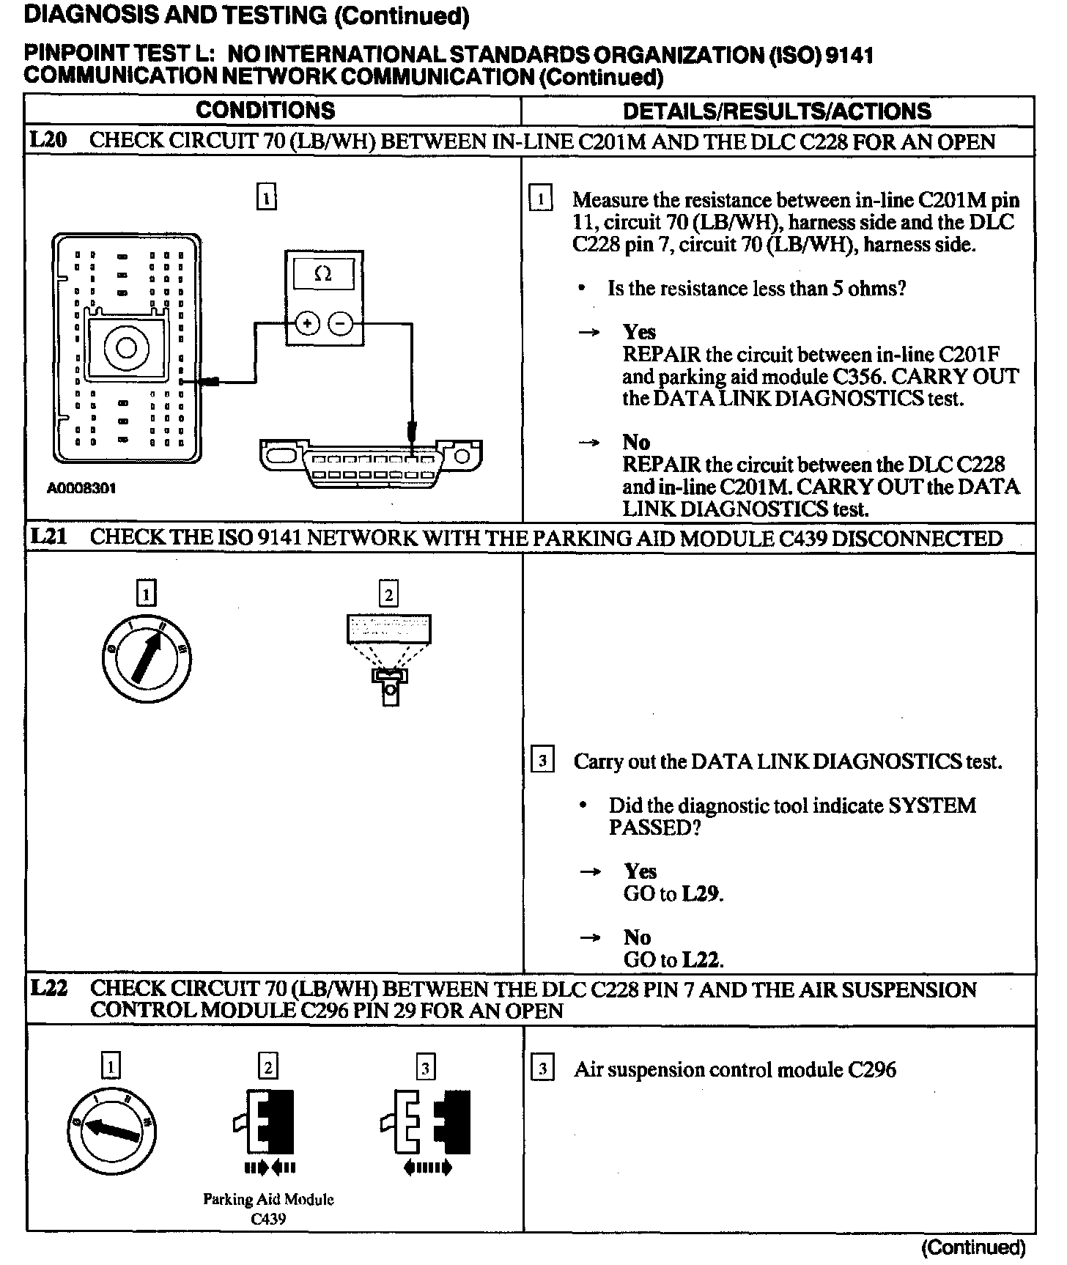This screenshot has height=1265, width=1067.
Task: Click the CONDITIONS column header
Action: click(x=265, y=111)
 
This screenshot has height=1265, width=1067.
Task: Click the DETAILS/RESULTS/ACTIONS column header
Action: click(x=777, y=111)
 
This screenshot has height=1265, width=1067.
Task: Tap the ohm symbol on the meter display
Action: click(x=322, y=274)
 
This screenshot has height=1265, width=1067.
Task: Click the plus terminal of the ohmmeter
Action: click(x=308, y=323)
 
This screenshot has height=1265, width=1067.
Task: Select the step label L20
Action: click(x=48, y=141)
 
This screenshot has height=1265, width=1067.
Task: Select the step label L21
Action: click(x=48, y=537)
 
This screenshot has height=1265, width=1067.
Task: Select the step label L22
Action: click(x=48, y=989)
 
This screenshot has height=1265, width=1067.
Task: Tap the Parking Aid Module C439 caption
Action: click(x=268, y=1209)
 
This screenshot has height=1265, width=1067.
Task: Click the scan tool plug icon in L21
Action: click(x=389, y=660)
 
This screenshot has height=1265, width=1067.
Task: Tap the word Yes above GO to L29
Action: click(x=640, y=871)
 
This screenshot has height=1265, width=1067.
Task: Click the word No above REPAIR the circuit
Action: click(x=636, y=442)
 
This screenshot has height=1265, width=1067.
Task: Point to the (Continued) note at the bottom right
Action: click(x=973, y=1247)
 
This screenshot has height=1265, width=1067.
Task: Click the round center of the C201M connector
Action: click(x=126, y=347)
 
